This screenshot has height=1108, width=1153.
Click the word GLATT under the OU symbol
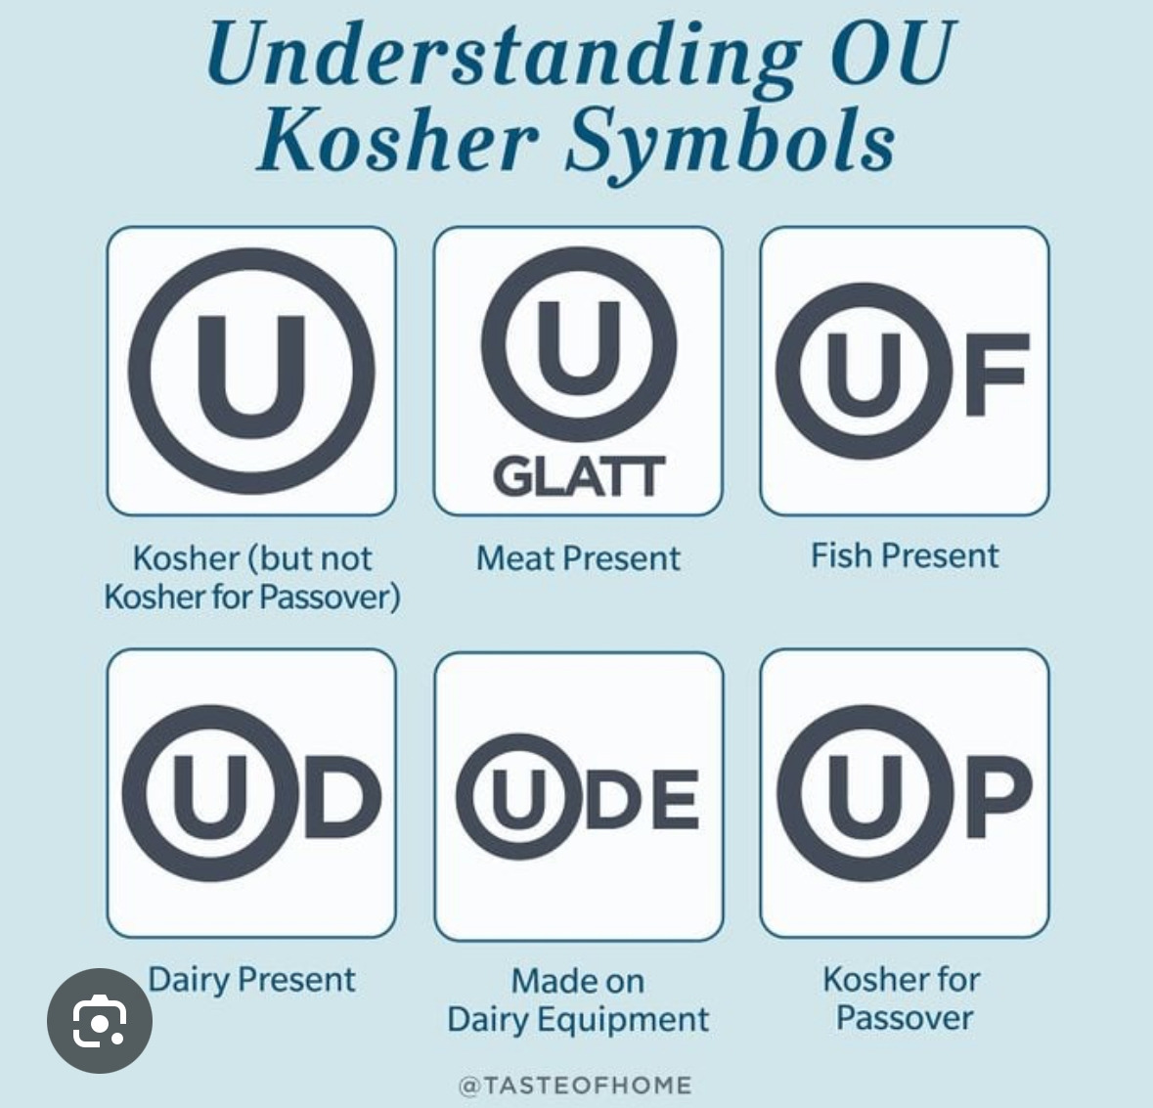(x=579, y=477)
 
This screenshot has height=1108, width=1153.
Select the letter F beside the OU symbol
(x=996, y=375)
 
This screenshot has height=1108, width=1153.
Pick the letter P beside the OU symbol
(x=998, y=797)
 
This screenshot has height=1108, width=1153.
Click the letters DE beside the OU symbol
(x=643, y=799)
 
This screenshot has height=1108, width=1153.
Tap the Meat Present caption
(x=578, y=558)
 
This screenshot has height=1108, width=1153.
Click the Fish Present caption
(x=905, y=555)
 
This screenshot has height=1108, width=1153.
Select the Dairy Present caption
(x=251, y=979)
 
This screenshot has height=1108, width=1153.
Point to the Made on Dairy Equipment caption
(x=578, y=999)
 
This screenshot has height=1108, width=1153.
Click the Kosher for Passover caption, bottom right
(x=903, y=997)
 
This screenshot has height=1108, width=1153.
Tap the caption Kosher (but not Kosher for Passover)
(x=252, y=577)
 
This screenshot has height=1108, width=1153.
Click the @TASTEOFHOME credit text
(x=575, y=1085)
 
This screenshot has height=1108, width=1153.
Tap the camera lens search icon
(x=100, y=1020)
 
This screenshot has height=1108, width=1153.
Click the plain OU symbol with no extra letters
(x=251, y=372)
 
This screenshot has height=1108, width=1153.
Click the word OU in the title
(x=889, y=56)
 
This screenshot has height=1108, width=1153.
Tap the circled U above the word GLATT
(x=578, y=347)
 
